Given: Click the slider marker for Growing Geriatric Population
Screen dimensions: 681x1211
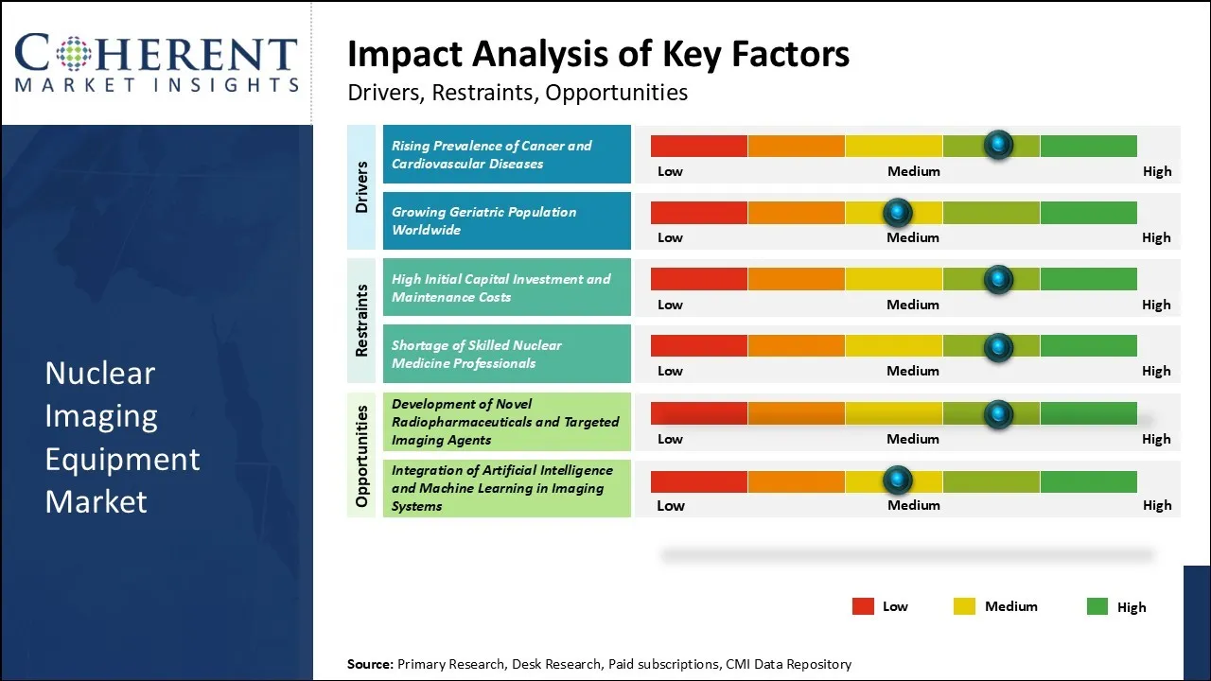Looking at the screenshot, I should pyautogui.click(x=897, y=212).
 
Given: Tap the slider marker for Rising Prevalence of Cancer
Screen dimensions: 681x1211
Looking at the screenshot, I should pyautogui.click(x=998, y=145).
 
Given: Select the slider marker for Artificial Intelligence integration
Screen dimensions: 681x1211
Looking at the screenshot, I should pyautogui.click(x=897, y=480).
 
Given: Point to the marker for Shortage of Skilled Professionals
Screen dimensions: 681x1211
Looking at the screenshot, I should pyautogui.click(x=998, y=347).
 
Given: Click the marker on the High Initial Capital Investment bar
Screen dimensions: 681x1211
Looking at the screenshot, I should pyautogui.click(x=998, y=279).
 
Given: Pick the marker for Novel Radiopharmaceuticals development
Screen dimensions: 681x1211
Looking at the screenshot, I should pyautogui.click(x=998, y=413).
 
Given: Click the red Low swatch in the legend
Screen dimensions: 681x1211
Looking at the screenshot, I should pyautogui.click(x=863, y=606).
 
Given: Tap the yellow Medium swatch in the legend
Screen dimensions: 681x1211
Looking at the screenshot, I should pyautogui.click(x=964, y=606).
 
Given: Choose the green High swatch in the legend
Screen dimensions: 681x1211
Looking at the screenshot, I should pyautogui.click(x=1097, y=606).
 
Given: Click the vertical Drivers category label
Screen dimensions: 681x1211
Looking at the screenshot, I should pyautogui.click(x=361, y=186).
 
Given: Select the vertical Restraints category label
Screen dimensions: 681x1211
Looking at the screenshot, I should pyautogui.click(x=361, y=321).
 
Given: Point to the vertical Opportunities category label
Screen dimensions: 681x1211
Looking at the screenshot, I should pyautogui.click(x=361, y=455).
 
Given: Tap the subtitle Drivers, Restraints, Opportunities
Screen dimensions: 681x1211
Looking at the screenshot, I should pyautogui.click(x=518, y=93).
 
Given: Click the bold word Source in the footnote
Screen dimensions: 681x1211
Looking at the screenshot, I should pyautogui.click(x=370, y=664).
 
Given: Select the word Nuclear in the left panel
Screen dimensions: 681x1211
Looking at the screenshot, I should pyautogui.click(x=99, y=373).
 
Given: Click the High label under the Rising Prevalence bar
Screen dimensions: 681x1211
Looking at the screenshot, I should pyautogui.click(x=1156, y=171).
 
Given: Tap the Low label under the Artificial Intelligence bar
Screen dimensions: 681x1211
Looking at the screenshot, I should pyautogui.click(x=670, y=505).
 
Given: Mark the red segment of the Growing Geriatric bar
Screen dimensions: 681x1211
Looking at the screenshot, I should pyautogui.click(x=699, y=212).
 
